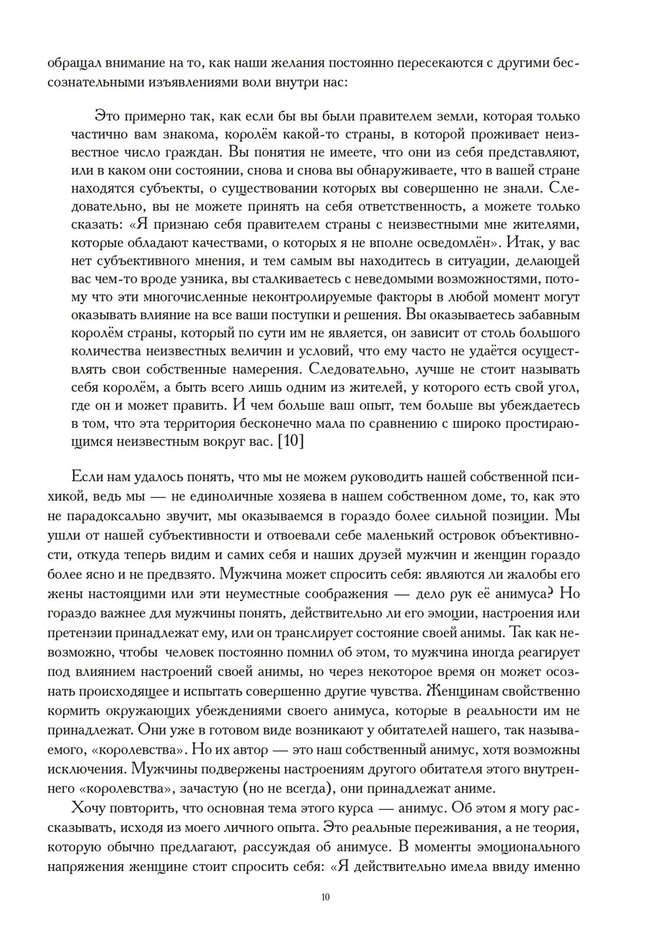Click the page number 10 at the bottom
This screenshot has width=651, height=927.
325,897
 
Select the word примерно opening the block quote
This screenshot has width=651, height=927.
159,117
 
